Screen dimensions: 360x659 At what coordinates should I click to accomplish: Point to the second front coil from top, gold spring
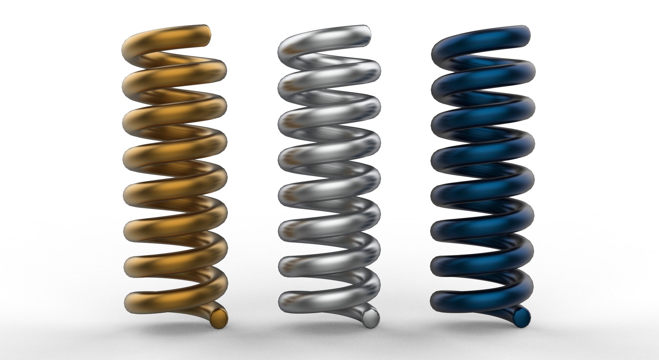(175, 77)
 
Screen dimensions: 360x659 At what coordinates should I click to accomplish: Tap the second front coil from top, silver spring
(329, 77)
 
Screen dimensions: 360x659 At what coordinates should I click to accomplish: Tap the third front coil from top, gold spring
(175, 115)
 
